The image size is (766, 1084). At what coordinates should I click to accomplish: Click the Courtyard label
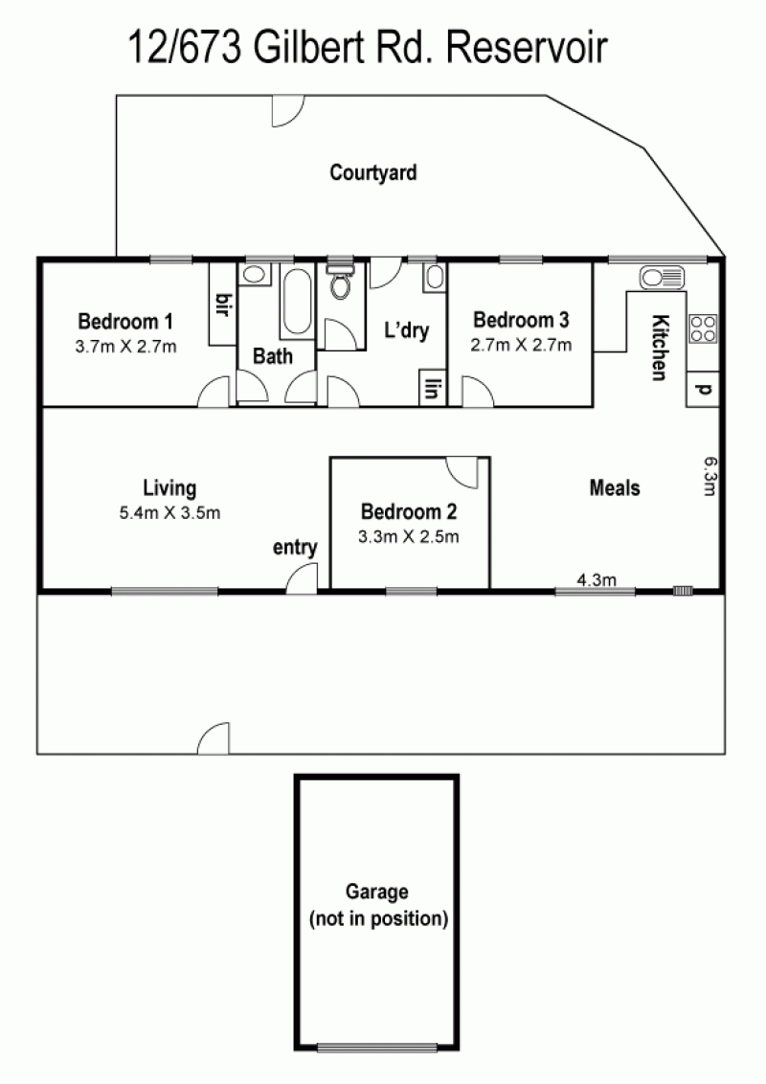tap(373, 172)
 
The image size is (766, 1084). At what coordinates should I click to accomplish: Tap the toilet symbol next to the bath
tap(340, 282)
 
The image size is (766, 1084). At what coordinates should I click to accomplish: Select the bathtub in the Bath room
tap(298, 302)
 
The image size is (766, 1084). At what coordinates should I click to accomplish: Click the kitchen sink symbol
tap(662, 277)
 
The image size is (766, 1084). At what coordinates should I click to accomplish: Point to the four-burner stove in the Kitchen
tap(703, 328)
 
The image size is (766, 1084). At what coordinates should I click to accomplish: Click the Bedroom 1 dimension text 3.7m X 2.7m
tap(125, 347)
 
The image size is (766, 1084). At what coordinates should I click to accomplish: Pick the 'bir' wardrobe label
tap(222, 305)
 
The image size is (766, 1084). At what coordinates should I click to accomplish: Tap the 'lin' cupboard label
tap(433, 389)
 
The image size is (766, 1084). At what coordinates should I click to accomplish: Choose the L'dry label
tap(407, 329)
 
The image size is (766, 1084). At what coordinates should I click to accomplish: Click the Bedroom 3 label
tap(521, 320)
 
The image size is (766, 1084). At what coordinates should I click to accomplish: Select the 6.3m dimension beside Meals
tap(710, 476)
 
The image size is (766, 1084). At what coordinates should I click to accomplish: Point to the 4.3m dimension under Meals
tap(597, 579)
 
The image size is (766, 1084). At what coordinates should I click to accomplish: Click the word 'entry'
tap(295, 548)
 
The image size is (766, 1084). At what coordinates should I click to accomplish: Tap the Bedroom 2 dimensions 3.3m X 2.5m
tap(409, 536)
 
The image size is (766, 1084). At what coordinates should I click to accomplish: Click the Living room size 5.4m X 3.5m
tap(170, 512)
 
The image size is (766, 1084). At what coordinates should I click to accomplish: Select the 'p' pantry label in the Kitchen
tap(703, 389)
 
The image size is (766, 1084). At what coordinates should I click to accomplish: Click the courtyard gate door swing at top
tap(287, 111)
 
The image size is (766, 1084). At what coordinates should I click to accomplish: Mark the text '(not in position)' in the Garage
tap(379, 918)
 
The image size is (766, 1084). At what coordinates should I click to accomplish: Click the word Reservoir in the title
tap(528, 48)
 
